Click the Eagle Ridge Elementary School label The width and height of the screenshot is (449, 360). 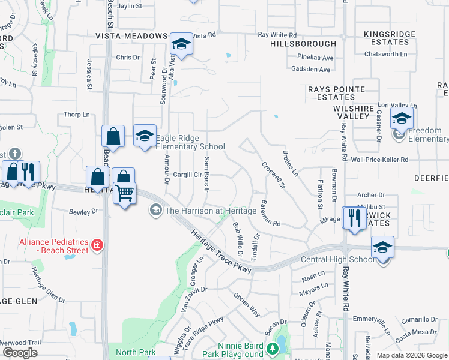pyautogui.click(x=190, y=142)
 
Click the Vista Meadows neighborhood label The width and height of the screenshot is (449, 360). pyautogui.click(x=131, y=36)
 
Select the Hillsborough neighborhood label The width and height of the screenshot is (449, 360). pyautogui.click(x=303, y=44)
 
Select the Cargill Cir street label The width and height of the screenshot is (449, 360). pyautogui.click(x=187, y=175)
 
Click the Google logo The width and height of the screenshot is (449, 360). pyautogui.click(x=20, y=353)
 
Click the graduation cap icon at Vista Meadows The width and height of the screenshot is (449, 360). pyautogui.click(x=181, y=44)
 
